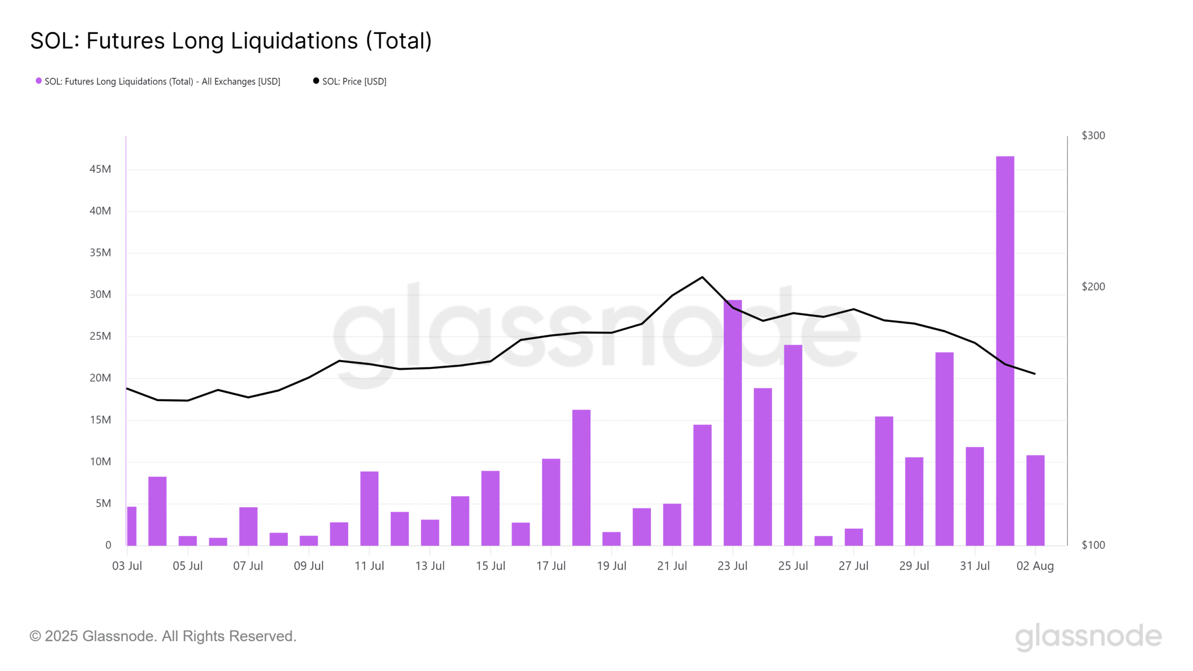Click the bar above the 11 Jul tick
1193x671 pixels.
coord(369,508)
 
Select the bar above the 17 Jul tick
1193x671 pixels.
coord(551,501)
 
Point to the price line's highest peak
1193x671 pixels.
coord(702,277)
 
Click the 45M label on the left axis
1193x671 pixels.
coord(100,169)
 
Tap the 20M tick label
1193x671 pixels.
coord(100,378)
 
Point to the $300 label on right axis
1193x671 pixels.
coord(1093,136)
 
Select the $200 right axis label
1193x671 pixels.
coord(1093,287)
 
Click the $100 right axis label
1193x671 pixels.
coord(1093,545)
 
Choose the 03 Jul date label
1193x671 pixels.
coord(127,566)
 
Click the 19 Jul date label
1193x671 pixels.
coord(611,566)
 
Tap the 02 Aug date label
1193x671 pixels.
coord(1035,566)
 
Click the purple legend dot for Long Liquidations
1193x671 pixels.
coord(39,81)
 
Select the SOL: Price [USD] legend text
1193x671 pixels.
coord(354,82)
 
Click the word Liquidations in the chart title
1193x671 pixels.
coord(294,41)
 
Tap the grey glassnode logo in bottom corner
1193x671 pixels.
coord(1088,636)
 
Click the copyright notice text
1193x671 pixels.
coord(163,636)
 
